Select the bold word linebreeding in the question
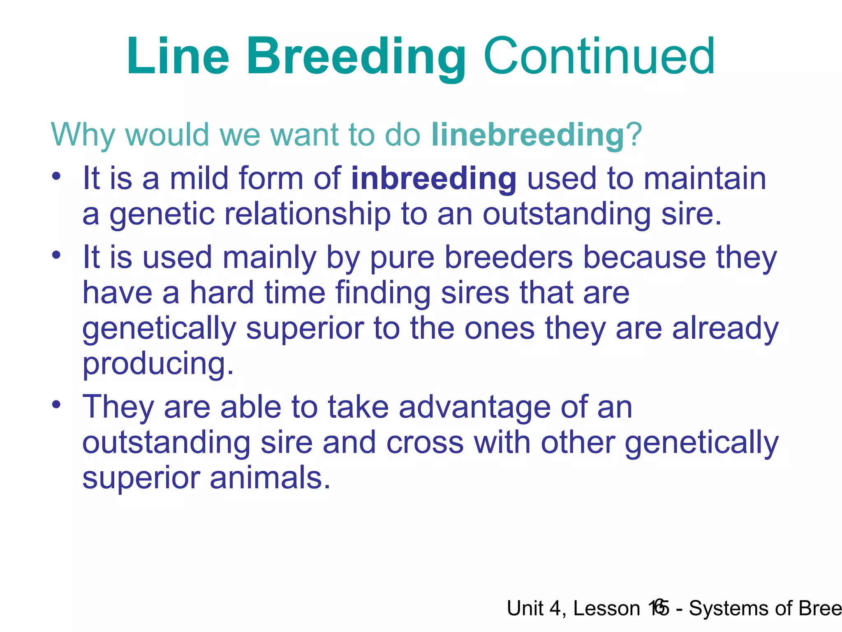click(528, 135)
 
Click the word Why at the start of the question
click(82, 135)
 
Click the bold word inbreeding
click(434, 179)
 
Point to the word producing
click(158, 364)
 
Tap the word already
click(725, 328)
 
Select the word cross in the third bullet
click(425, 443)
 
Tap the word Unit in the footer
click(526, 608)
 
